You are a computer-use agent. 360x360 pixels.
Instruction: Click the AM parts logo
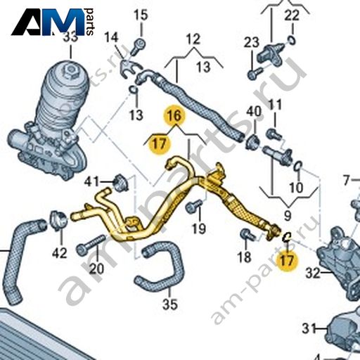click(53, 22)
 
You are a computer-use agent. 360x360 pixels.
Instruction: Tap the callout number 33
click(71, 37)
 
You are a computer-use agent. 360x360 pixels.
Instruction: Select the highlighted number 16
click(174, 115)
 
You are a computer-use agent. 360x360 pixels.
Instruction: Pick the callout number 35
click(170, 304)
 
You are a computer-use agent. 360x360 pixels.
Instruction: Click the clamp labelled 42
click(58, 221)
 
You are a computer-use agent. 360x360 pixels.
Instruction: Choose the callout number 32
click(313, 273)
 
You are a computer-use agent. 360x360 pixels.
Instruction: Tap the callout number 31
click(309, 328)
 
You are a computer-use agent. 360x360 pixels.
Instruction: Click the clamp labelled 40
click(252, 141)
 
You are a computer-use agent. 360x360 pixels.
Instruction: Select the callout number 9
click(288, 215)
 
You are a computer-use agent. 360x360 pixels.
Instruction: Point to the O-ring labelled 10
click(297, 167)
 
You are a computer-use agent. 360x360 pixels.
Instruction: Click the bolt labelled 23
click(255, 72)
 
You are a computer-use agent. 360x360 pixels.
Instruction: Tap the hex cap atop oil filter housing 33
click(70, 69)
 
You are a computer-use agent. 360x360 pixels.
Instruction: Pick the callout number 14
click(111, 37)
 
